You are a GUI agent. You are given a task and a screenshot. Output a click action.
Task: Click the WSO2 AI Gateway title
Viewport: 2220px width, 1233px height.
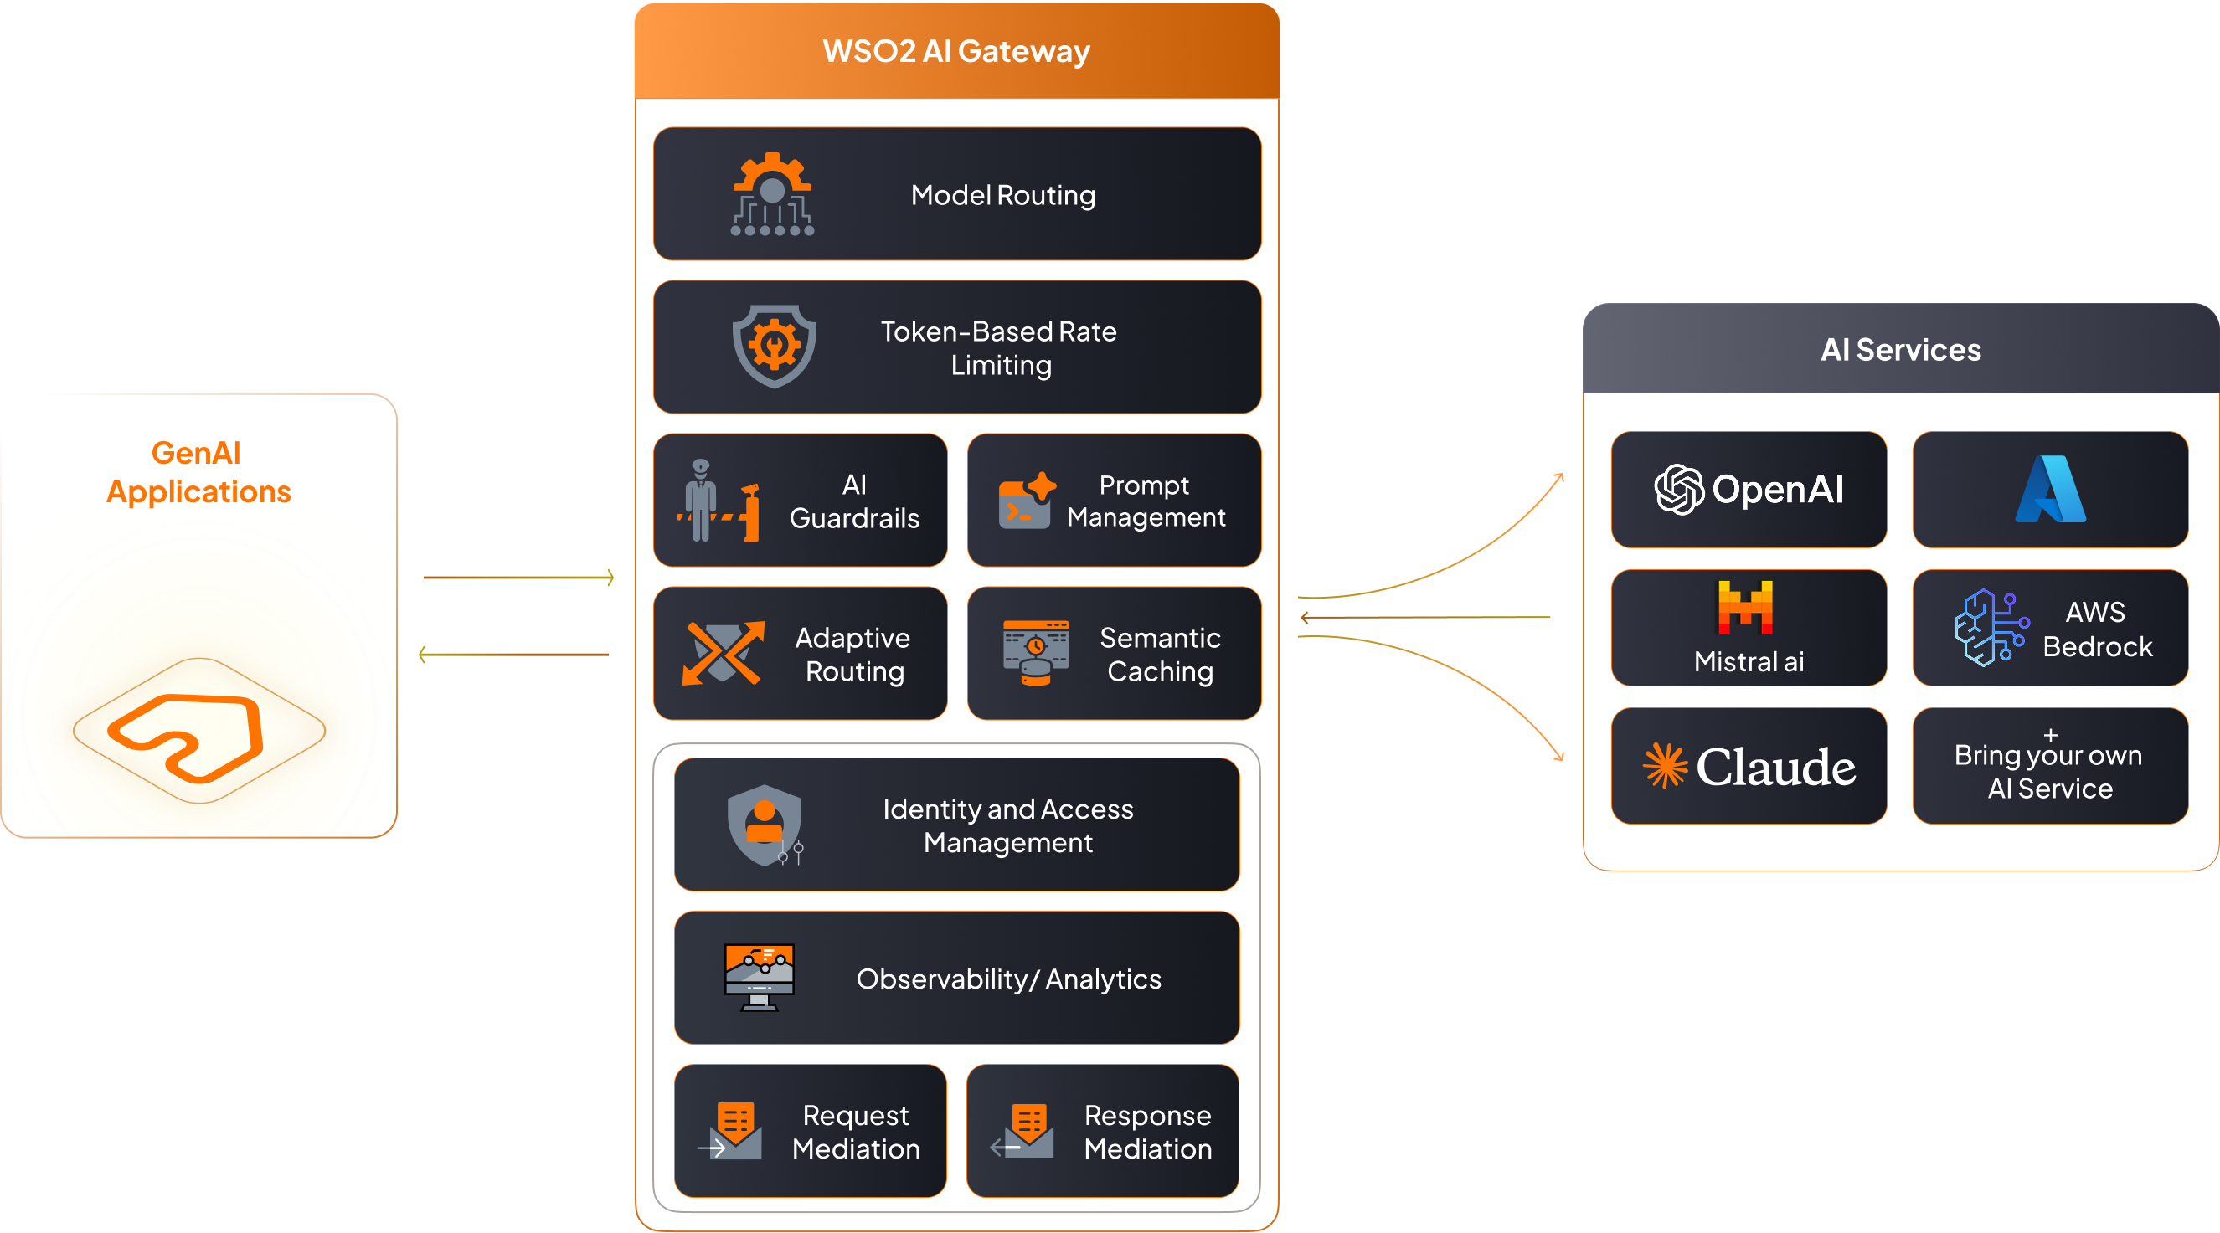click(x=955, y=52)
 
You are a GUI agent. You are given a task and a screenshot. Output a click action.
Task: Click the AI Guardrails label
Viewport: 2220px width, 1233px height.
click(x=854, y=501)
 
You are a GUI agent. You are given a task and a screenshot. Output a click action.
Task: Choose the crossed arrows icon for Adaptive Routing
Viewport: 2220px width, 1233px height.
click(x=723, y=653)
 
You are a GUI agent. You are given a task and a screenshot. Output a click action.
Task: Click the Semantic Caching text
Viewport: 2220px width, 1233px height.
click(x=1160, y=655)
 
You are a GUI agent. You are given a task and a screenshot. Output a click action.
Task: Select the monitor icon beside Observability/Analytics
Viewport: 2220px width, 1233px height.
click(x=760, y=977)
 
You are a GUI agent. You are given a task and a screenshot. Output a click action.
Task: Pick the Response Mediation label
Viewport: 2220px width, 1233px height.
click(x=1148, y=1133)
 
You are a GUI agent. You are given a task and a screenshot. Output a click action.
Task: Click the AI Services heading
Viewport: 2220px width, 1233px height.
click(x=1900, y=350)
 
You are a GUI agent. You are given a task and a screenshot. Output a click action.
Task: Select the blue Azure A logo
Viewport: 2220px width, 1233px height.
click(x=2050, y=490)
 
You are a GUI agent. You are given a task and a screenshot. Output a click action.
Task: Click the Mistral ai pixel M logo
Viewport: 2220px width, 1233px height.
click(x=1745, y=607)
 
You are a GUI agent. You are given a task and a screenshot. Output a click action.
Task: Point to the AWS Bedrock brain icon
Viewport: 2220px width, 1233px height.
click(x=1989, y=628)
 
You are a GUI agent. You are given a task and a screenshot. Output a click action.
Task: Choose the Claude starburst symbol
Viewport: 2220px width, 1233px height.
click(x=1665, y=766)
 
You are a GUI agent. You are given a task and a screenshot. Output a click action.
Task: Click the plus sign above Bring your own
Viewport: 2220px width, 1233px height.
click(x=2050, y=735)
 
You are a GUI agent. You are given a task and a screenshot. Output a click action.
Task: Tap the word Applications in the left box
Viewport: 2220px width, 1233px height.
click(x=199, y=492)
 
